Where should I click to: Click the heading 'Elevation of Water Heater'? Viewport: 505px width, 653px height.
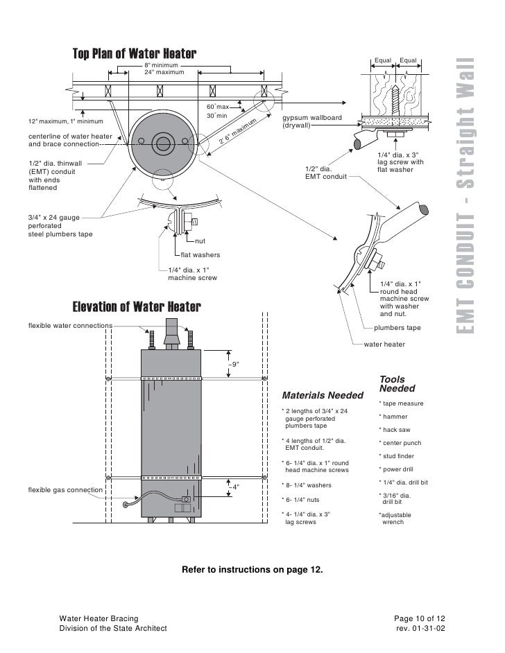[137, 306]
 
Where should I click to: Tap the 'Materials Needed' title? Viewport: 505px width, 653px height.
[322, 395]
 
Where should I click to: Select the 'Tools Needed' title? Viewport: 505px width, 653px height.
[397, 383]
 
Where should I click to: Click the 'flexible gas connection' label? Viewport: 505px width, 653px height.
[65, 490]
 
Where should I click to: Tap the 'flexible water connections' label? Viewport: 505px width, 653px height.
[70, 324]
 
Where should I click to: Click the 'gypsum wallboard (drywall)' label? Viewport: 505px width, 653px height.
[311, 122]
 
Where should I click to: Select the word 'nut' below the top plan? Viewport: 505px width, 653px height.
[199, 241]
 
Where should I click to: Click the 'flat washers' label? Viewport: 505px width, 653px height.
[200, 254]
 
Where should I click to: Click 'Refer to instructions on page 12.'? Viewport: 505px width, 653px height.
[252, 570]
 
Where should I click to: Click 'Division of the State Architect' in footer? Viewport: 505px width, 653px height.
[113, 628]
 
